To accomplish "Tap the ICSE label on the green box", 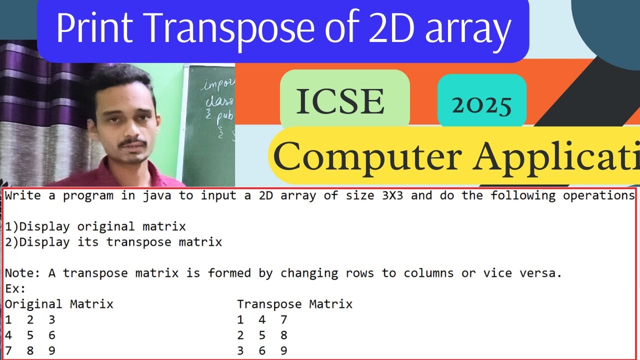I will point(341,101).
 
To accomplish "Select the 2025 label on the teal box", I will point(481,104).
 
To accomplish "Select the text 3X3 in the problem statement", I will point(388,195).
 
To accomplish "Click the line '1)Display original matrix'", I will point(95,226).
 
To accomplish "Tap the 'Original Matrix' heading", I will point(59,304).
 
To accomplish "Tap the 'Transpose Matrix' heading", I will point(294,304).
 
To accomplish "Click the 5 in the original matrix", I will point(30,335).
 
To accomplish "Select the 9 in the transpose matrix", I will point(283,351).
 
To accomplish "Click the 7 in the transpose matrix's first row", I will point(283,319).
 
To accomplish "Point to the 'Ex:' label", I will point(15,288).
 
